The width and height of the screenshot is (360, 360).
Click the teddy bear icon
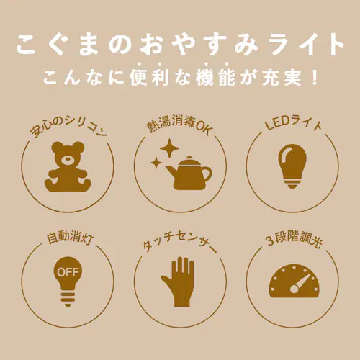(x=66, y=168)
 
